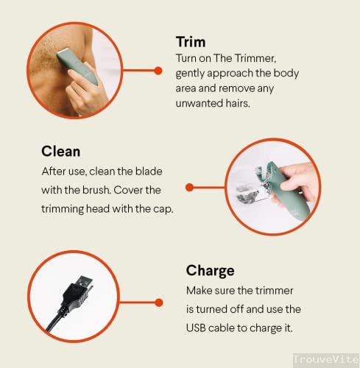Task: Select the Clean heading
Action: (x=60, y=152)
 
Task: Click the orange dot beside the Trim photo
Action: (x=158, y=71)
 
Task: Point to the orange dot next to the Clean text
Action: (x=189, y=188)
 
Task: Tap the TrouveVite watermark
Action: (x=325, y=358)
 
